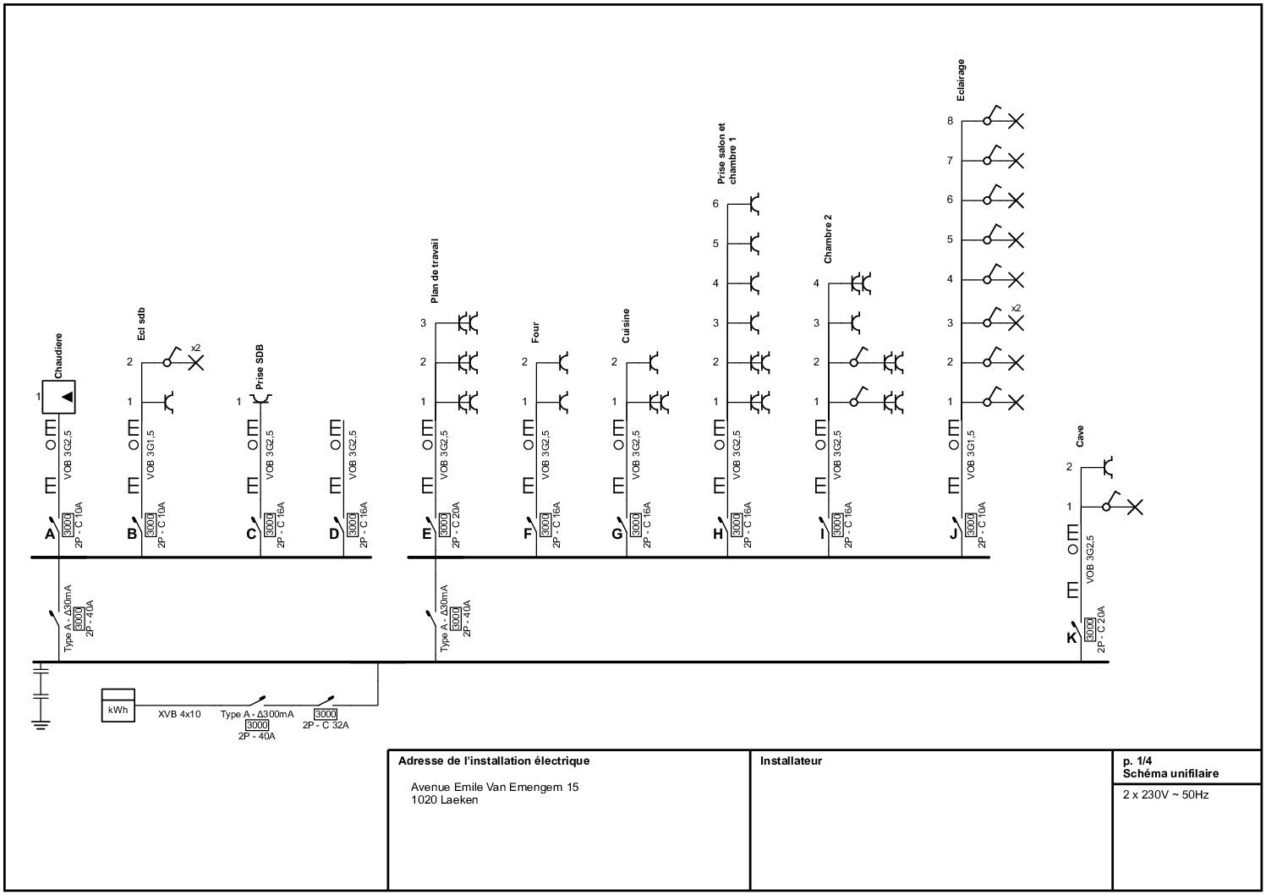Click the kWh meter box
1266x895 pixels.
tap(118, 706)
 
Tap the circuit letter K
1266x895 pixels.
tap(1071, 637)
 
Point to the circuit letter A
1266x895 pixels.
tap(50, 534)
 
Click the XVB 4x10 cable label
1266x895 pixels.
tap(179, 715)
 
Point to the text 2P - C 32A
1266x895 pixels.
tap(326, 726)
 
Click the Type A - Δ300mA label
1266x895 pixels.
tap(257, 715)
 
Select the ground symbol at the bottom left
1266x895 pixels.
tap(40, 722)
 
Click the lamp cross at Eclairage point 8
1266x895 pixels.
tap(1017, 121)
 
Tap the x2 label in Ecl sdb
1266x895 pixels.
tap(196, 348)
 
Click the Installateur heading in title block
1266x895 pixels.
tap(791, 760)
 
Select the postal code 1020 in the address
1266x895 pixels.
tap(424, 799)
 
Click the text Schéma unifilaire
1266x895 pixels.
tap(1170, 773)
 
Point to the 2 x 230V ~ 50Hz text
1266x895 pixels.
tap(1165, 795)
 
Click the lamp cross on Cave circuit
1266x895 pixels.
tap(1135, 507)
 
